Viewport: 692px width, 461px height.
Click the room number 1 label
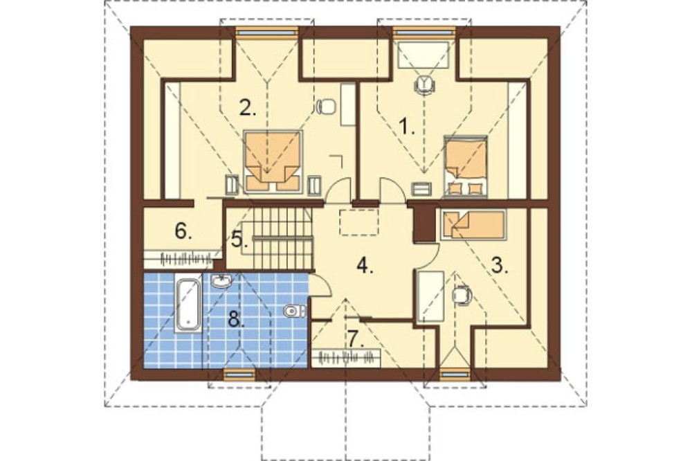click(x=407, y=127)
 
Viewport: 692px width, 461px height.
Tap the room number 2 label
click(x=248, y=108)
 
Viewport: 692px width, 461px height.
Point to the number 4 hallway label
click(x=364, y=266)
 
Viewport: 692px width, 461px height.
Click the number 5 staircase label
click(x=238, y=239)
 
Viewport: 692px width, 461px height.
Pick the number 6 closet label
click(x=183, y=230)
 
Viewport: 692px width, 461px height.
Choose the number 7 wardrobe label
click(x=356, y=338)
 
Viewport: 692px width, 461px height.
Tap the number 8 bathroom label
click(x=236, y=318)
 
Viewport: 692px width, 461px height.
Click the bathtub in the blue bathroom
click(x=189, y=305)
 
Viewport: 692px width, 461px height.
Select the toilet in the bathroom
click(x=293, y=311)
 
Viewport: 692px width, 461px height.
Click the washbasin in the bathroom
click(x=221, y=281)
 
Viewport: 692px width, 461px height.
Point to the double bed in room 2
click(x=272, y=161)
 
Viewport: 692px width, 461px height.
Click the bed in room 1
click(x=466, y=166)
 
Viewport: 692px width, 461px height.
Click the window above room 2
click(x=267, y=31)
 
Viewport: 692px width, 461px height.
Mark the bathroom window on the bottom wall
click(x=239, y=374)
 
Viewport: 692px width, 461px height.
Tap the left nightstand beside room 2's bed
click(x=232, y=185)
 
